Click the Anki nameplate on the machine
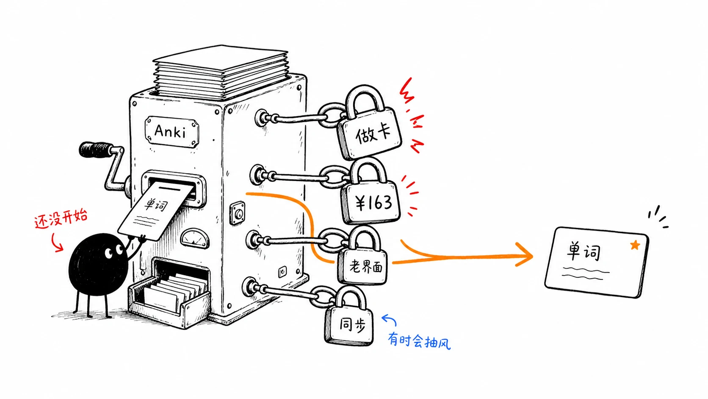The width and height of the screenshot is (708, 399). [x=171, y=131]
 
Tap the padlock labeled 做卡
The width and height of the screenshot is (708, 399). [x=368, y=125]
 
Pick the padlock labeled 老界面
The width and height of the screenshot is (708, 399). [x=363, y=258]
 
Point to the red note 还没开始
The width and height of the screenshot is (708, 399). [x=61, y=218]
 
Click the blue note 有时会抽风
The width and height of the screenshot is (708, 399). [x=419, y=340]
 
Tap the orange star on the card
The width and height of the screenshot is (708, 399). [x=635, y=245]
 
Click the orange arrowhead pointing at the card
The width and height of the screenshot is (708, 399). [x=525, y=255]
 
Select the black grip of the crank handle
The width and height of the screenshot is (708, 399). [x=95, y=150]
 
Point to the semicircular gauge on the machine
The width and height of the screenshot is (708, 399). [x=194, y=238]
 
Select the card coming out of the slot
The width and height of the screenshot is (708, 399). [x=155, y=210]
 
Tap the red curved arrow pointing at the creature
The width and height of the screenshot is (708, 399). [x=57, y=243]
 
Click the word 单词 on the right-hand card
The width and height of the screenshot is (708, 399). [x=583, y=251]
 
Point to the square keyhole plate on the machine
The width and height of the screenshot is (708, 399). [x=238, y=213]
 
